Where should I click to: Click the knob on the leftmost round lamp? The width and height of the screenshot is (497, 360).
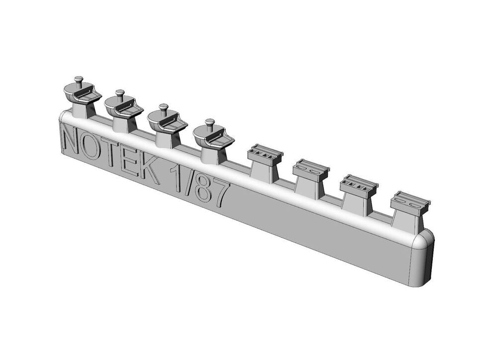(78, 79)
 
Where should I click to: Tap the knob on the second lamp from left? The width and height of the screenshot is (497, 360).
(119, 92)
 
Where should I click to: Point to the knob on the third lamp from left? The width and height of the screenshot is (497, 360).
(163, 107)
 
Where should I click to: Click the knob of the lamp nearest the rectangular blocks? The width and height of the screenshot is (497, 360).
(210, 122)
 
